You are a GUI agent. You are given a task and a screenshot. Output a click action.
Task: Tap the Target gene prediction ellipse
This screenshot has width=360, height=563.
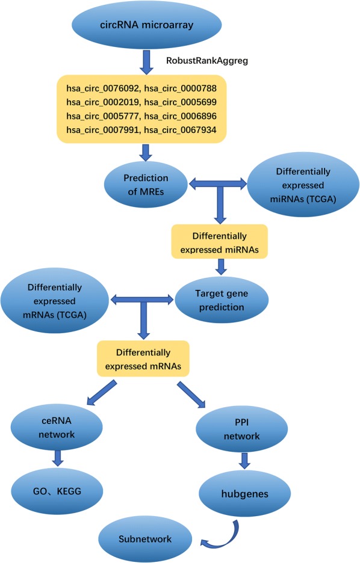click(x=219, y=299)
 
